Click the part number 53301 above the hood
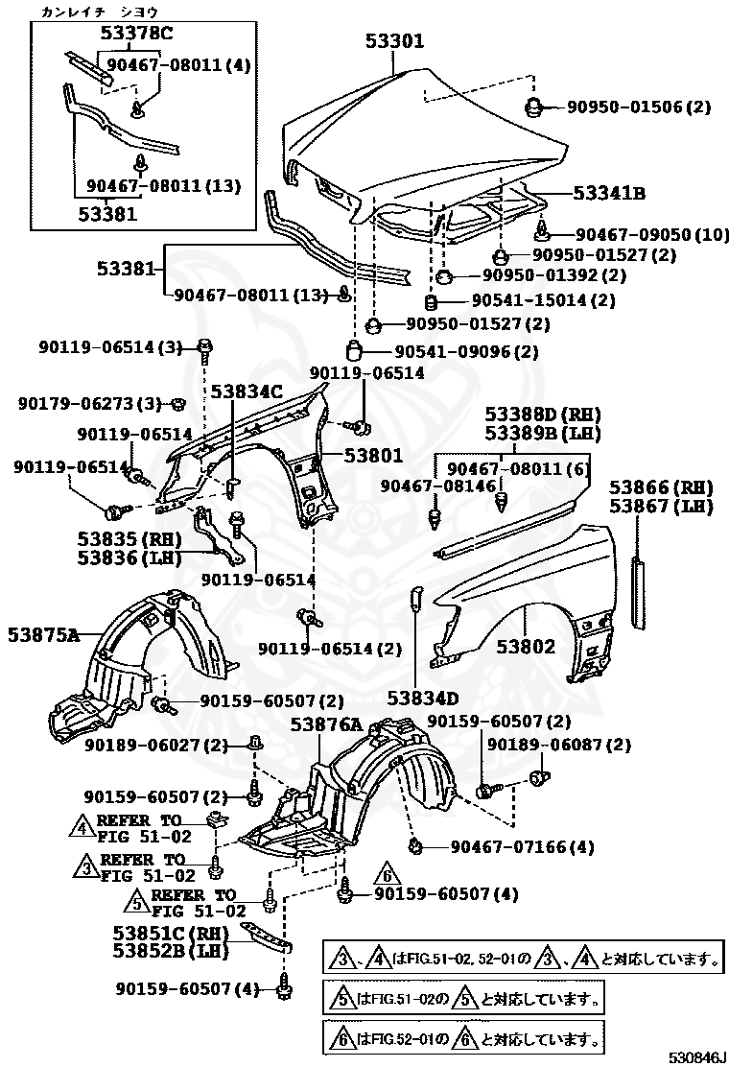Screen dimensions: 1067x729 point(394,41)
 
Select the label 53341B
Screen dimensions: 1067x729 point(609,193)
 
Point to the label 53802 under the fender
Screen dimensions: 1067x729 point(526,647)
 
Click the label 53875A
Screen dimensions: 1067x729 point(43,634)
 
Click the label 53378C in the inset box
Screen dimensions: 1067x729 point(136,36)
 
